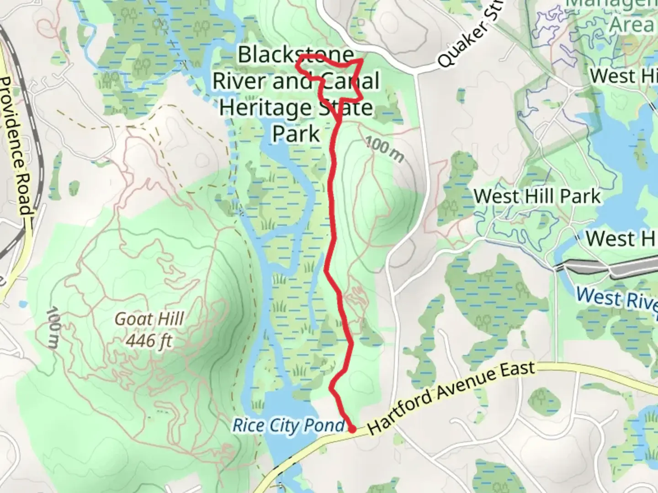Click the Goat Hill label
coord(149,319)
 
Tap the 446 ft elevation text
coord(149,340)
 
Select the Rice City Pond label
coord(289,425)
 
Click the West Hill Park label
coord(537,197)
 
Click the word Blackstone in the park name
coord(296,55)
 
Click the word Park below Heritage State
coord(296,134)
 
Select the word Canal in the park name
coord(350,81)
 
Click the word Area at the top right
coord(632,24)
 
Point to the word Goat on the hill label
coord(130,319)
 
